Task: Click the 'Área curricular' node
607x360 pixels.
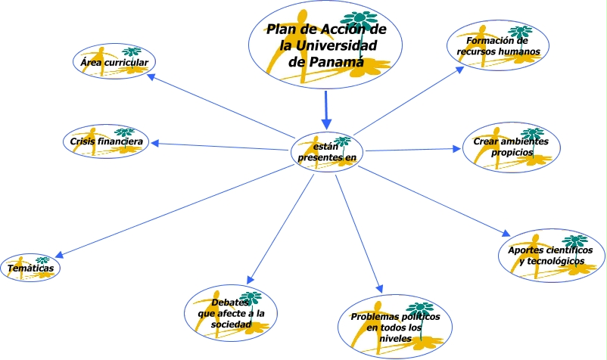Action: (x=114, y=62)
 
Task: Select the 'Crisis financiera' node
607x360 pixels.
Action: (x=104, y=141)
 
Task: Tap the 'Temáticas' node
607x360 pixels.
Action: (x=31, y=267)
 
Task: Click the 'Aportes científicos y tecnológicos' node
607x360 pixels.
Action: (x=551, y=256)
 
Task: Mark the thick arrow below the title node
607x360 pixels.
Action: (x=326, y=110)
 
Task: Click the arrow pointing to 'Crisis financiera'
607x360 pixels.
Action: (x=219, y=144)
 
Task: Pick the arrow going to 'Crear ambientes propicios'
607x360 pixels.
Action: (x=412, y=150)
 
